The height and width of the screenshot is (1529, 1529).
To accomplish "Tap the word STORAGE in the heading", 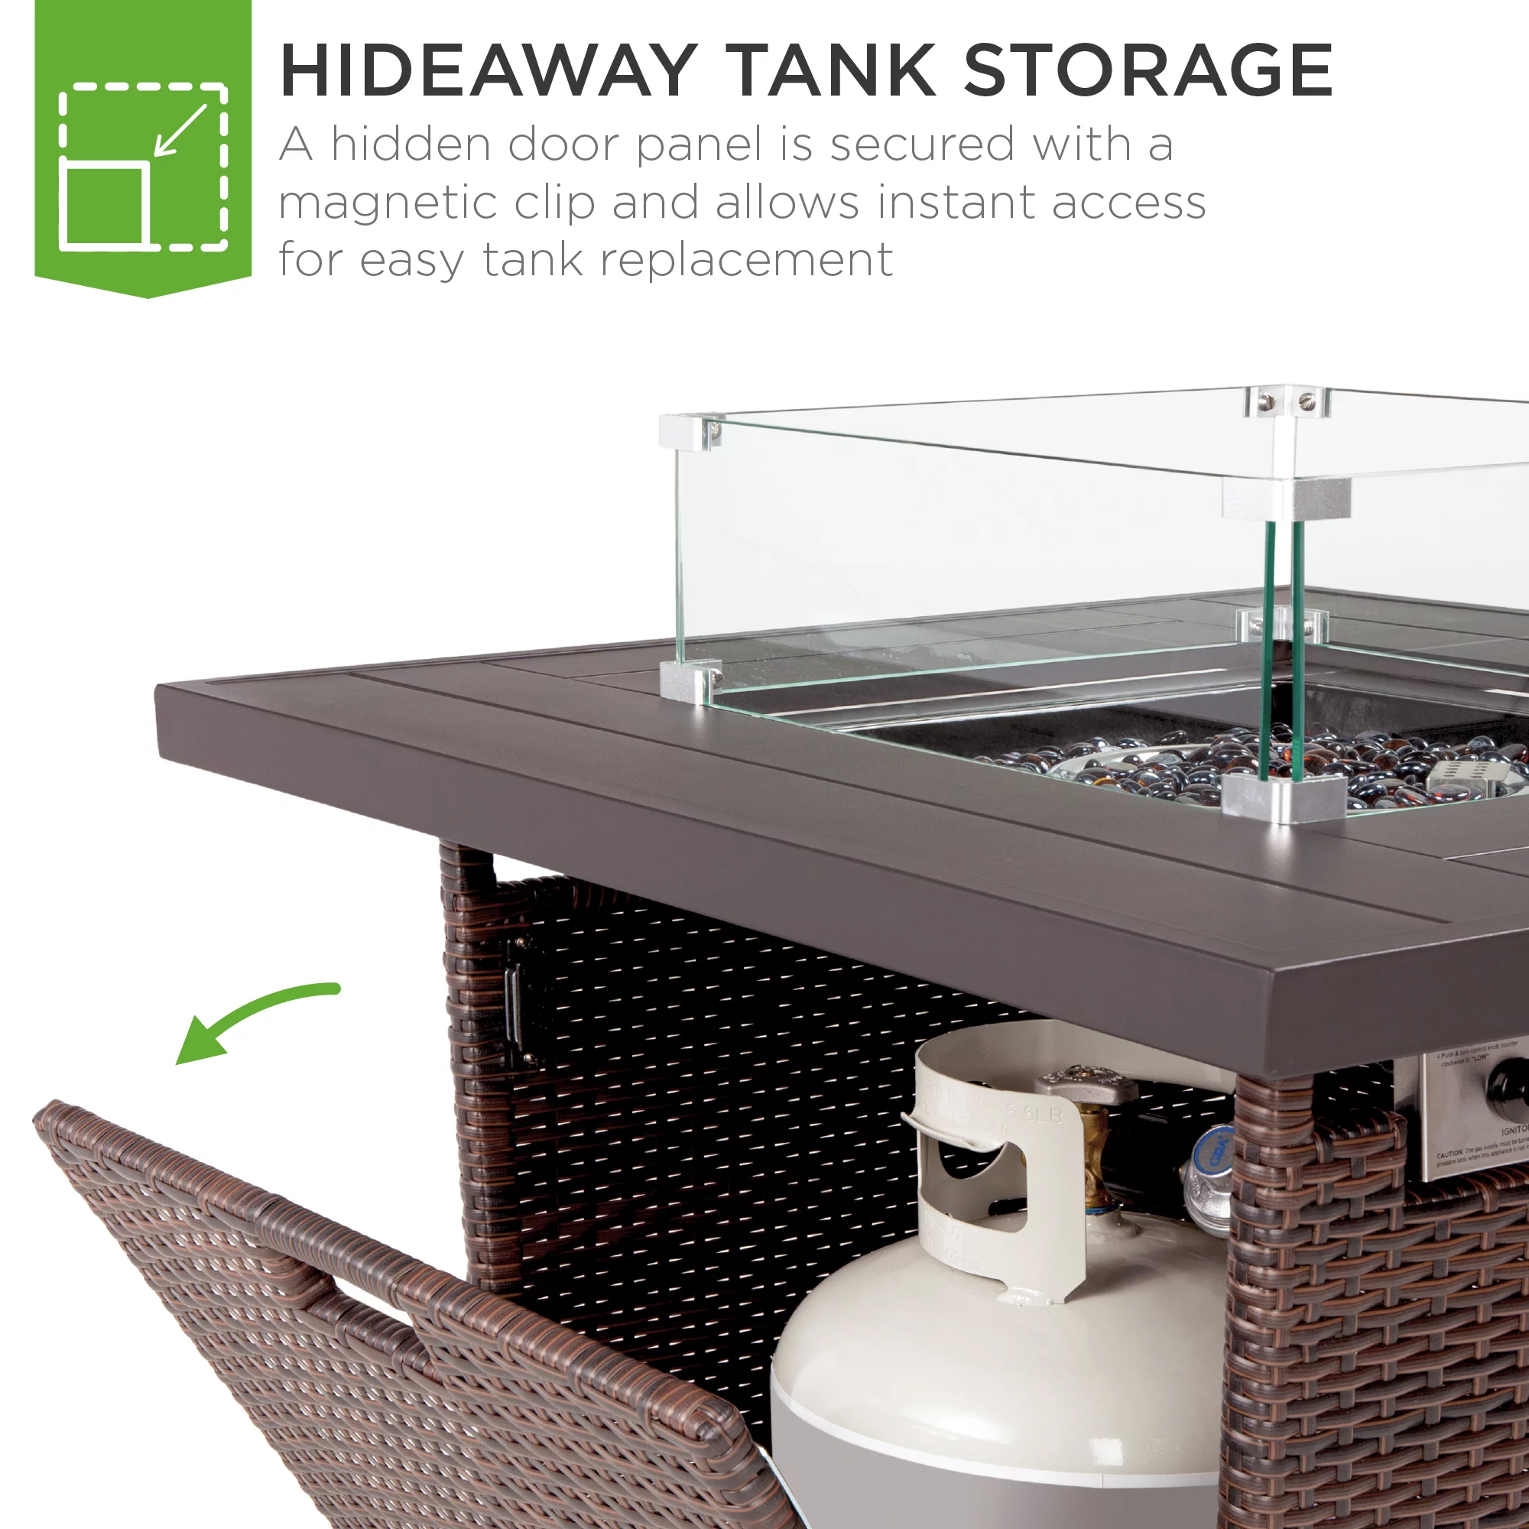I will pos(1148,70).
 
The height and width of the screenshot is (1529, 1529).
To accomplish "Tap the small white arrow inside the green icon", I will pos(180,131).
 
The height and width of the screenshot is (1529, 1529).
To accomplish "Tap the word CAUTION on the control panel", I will pos(1452,1154).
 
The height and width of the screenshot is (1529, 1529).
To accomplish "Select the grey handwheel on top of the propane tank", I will pos(1083,1084).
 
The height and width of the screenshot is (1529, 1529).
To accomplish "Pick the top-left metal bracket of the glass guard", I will pos(690,431).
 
